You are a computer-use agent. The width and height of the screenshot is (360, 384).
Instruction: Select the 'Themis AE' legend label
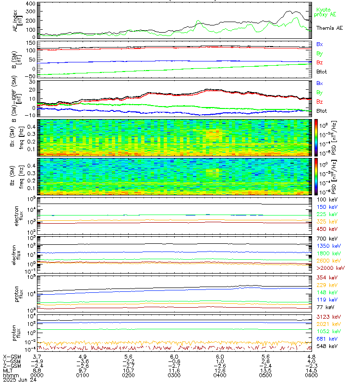[328, 29]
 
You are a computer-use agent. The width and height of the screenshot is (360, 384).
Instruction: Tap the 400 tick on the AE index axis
[29, 4]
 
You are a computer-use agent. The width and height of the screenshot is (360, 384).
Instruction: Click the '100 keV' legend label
[325, 199]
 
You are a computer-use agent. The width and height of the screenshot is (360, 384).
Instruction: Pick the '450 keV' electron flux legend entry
[325, 229]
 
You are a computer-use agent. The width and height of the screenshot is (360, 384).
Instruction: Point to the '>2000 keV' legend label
[328, 268]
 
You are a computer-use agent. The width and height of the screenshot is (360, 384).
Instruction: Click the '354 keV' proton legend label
[325, 278]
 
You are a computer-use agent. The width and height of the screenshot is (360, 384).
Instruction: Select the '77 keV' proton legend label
[324, 308]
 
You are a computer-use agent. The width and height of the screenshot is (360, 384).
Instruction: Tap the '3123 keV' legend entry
[326, 317]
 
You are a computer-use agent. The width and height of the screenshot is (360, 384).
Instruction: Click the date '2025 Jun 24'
[16, 379]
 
